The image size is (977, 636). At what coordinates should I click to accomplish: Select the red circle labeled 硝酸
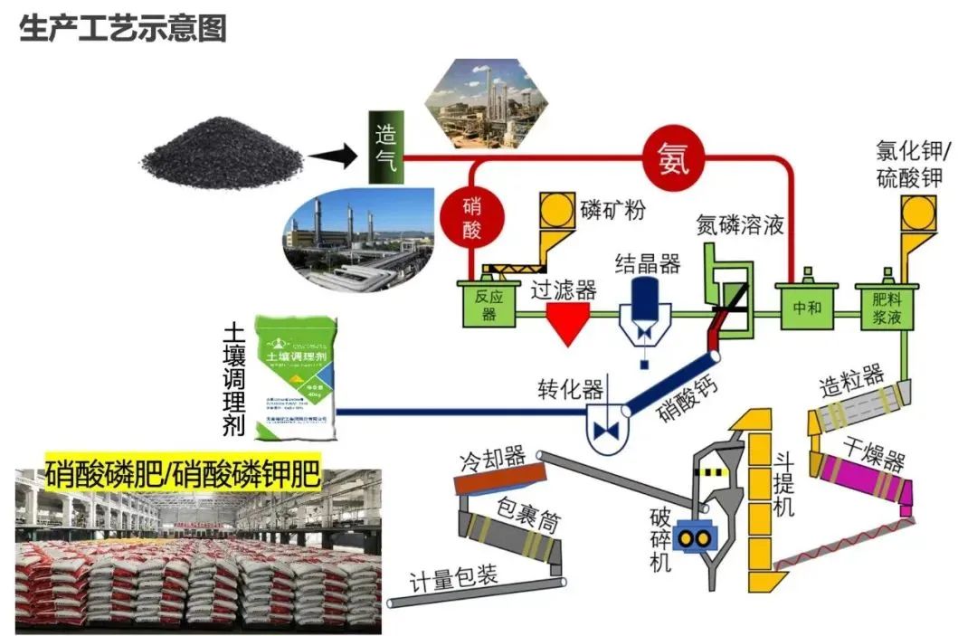click(x=470, y=218)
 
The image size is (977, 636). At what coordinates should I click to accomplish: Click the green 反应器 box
click(x=488, y=304)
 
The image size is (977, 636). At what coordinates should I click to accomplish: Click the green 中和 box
click(x=807, y=306)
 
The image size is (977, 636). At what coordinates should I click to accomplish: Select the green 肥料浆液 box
click(x=887, y=306)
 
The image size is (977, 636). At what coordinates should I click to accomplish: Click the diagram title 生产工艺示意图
click(x=122, y=29)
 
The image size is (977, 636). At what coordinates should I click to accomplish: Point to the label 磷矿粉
click(x=612, y=212)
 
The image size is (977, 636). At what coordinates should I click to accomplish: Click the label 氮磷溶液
click(x=740, y=223)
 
